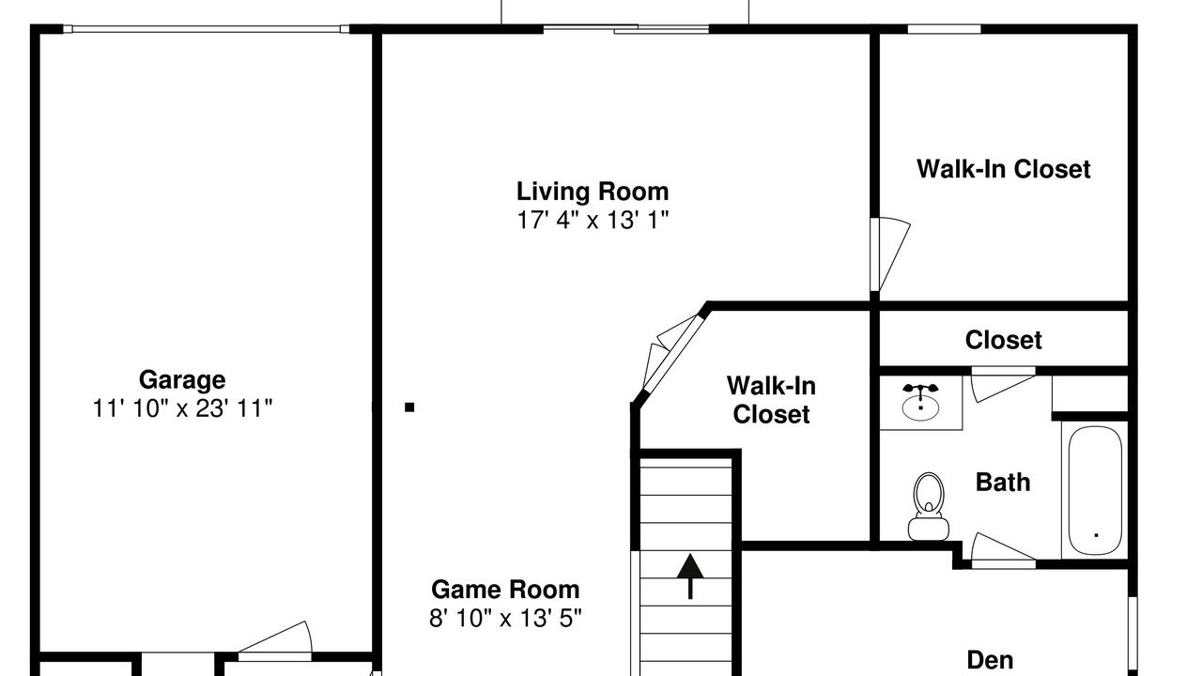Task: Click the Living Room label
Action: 593,192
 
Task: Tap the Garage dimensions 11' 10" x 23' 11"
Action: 182,408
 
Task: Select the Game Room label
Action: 505,590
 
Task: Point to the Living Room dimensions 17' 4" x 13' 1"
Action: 593,220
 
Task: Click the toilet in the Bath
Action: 929,506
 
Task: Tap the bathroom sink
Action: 921,404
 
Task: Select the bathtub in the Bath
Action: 1095,490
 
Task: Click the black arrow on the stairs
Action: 690,576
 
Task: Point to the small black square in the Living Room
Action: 409,407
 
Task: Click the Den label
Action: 990,660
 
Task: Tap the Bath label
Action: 1003,483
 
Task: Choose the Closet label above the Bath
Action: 1004,340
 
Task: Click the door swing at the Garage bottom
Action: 275,641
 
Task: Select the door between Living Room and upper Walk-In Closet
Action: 889,253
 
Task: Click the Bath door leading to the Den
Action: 1002,550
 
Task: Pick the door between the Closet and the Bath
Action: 1003,384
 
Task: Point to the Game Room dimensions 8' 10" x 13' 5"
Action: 505,618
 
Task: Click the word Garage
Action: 182,380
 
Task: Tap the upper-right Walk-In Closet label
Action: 1004,169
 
